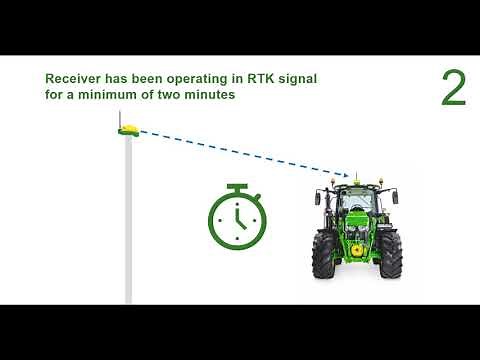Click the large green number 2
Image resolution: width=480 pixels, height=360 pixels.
click(453, 89)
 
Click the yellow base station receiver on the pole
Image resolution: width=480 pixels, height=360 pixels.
click(129, 129)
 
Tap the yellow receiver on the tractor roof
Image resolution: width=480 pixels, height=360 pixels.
click(352, 180)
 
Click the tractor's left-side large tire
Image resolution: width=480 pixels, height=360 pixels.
click(324, 255)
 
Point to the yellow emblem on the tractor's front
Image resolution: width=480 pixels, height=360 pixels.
click(356, 253)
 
